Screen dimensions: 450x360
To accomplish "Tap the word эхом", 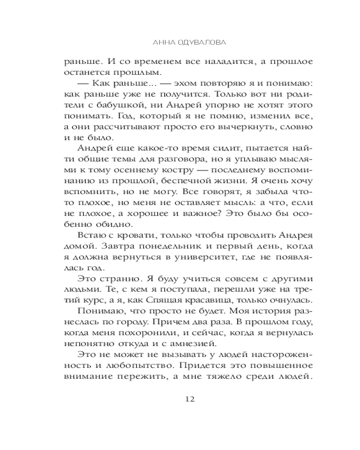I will pyautogui.click(x=162, y=83).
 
